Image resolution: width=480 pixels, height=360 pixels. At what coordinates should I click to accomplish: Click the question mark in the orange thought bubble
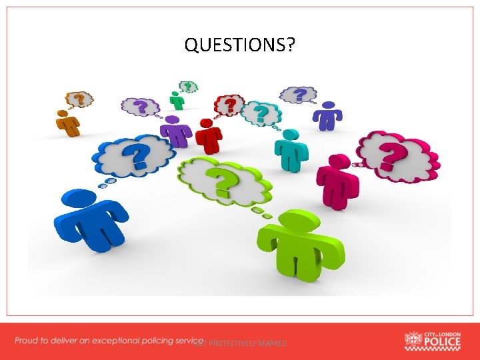(x=80, y=100)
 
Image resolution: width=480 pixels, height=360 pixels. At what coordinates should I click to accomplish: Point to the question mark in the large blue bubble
(x=139, y=156)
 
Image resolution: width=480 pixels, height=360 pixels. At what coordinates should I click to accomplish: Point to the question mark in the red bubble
(x=230, y=105)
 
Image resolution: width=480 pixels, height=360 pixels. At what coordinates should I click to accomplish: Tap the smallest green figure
(x=177, y=101)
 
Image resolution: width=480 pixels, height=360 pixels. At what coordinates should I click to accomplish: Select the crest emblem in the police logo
(x=413, y=340)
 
